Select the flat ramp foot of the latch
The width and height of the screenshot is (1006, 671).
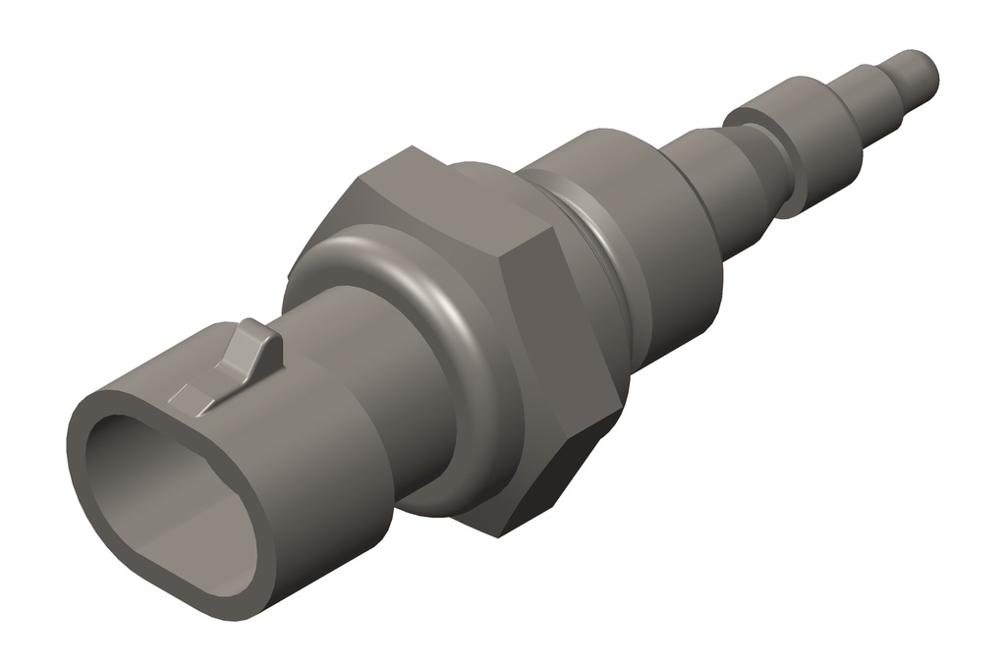pyautogui.click(x=190, y=398)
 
